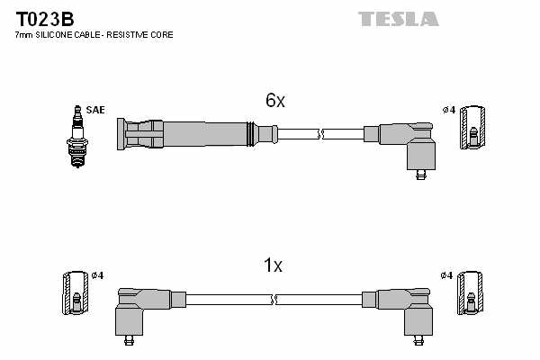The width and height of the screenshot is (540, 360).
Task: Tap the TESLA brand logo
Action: coord(398,19)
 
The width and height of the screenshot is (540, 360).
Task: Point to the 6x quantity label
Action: coord(274,102)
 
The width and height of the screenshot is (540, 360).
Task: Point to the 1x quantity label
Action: coord(273,265)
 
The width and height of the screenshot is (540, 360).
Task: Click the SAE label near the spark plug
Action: coord(96,110)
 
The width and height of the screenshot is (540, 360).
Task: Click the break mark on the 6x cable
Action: coord(320,135)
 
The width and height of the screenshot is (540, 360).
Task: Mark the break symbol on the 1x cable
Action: coord(274,299)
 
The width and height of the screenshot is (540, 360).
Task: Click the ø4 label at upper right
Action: coord(449,111)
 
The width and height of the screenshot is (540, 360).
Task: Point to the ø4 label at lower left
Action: coord(98,274)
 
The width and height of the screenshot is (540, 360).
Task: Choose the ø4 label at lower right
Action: coord(447,274)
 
